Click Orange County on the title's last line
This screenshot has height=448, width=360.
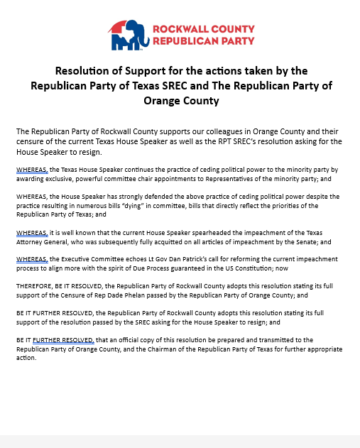pos(181,101)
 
